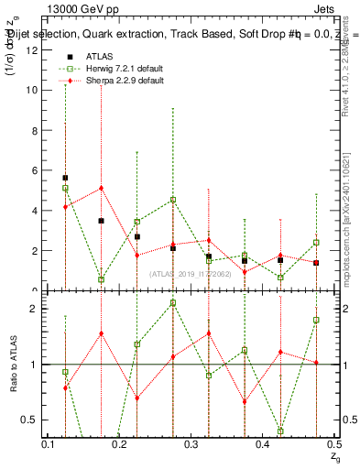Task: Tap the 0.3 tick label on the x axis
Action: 191,444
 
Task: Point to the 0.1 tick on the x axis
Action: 49,444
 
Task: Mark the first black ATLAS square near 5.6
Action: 65,178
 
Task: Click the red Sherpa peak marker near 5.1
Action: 101,188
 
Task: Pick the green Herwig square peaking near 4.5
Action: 172,200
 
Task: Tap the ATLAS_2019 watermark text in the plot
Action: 191,273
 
